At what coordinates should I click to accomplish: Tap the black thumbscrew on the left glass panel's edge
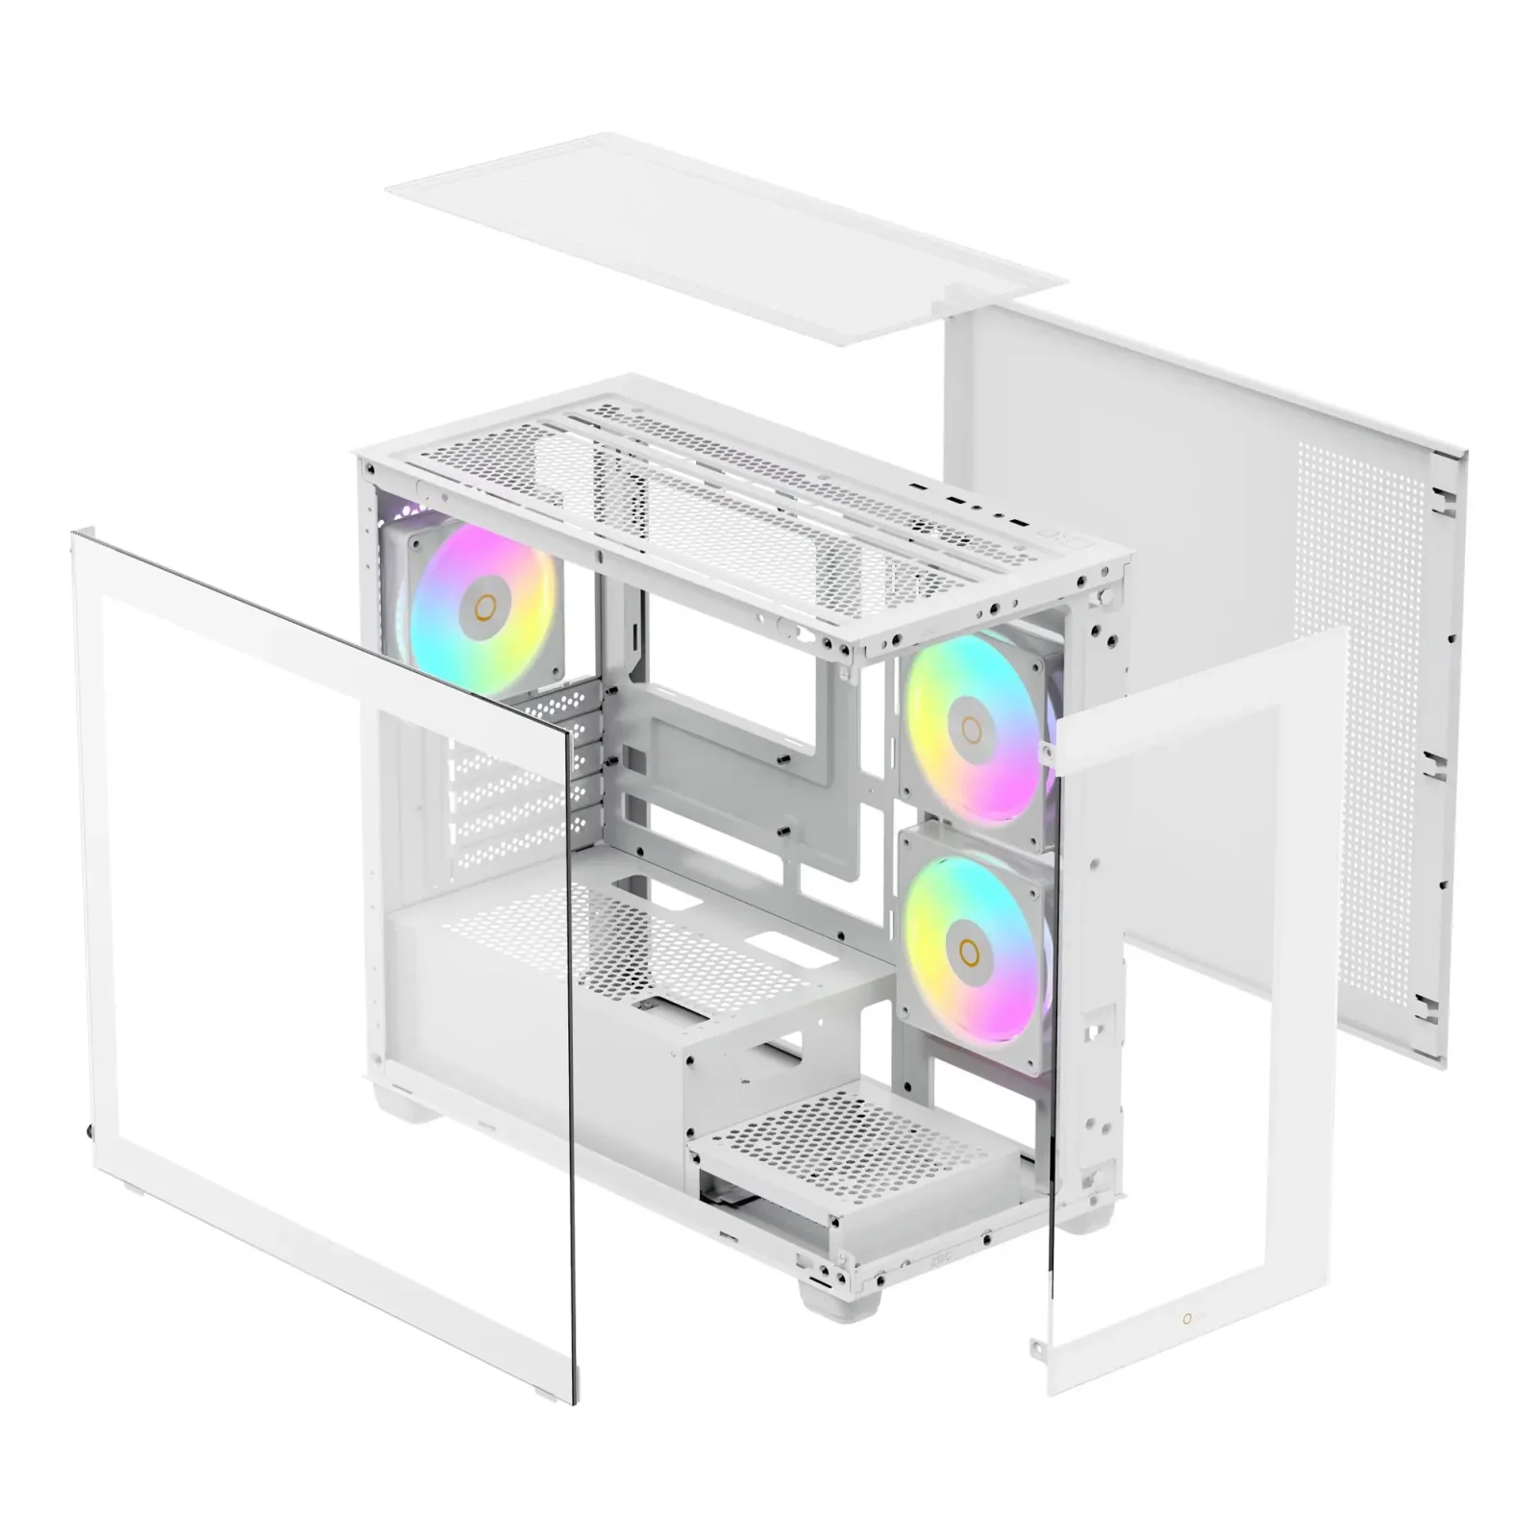pos(88,1129)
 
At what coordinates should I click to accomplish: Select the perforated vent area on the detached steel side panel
pos(1360,673)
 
